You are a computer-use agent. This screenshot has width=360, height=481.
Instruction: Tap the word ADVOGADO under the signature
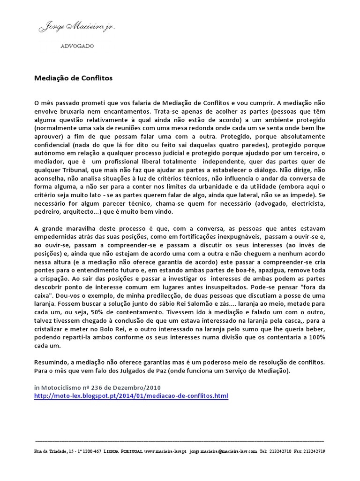click(x=77, y=46)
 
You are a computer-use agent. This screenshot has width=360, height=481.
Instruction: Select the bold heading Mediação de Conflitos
click(x=74, y=78)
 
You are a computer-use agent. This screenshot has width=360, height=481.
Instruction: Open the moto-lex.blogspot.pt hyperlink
click(x=132, y=396)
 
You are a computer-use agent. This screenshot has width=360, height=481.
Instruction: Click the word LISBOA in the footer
click(x=116, y=451)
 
